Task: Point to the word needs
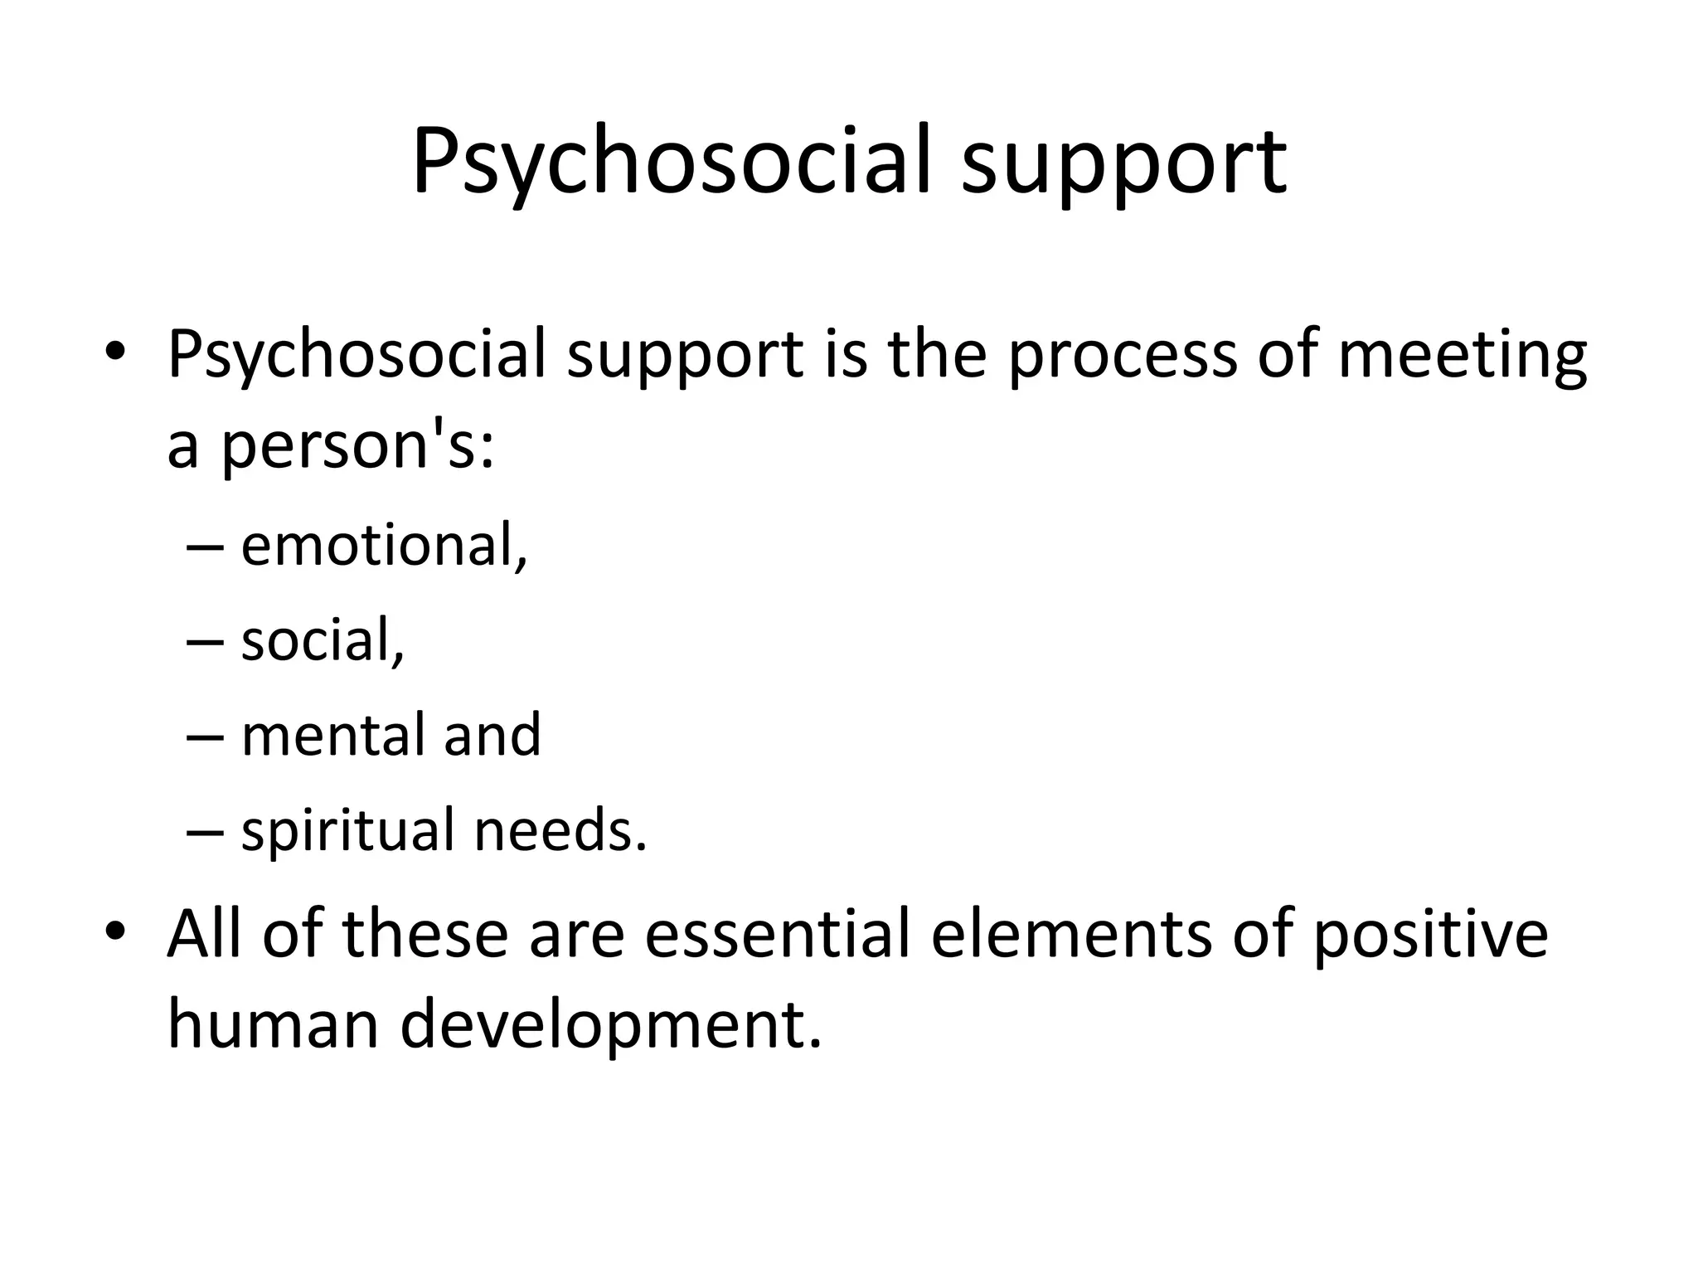point(560,829)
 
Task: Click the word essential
point(777,932)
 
